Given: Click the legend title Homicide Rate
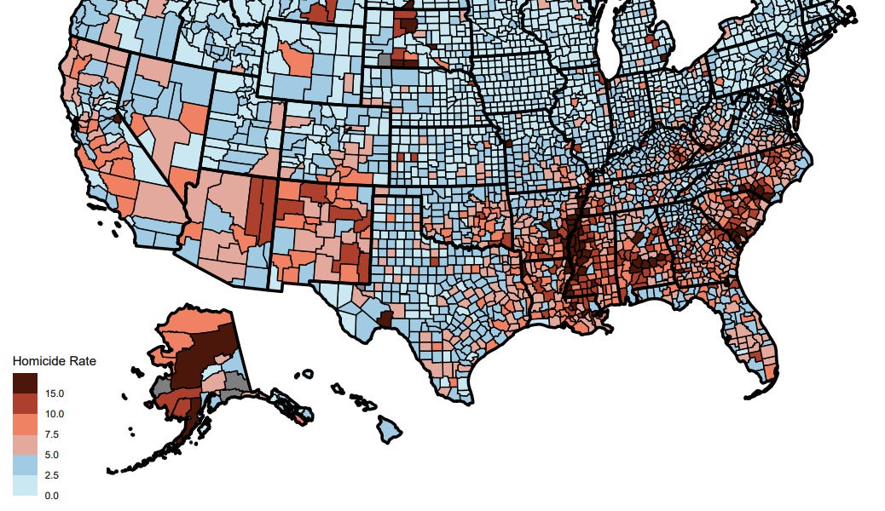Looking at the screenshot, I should tap(54, 361).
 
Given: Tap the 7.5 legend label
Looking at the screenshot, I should tap(54, 434).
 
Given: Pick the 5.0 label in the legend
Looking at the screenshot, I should tap(54, 455).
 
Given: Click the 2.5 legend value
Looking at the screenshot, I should tap(54, 475).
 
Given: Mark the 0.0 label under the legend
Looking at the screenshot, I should tap(54, 495).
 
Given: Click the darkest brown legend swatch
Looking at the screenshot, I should tap(25, 383).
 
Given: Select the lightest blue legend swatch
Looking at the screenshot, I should tap(25, 485).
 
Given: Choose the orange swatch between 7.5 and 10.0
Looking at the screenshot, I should tap(25, 424).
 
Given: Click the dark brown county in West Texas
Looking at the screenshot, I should tap(385, 319).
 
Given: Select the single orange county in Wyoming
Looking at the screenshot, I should tap(301, 60).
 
